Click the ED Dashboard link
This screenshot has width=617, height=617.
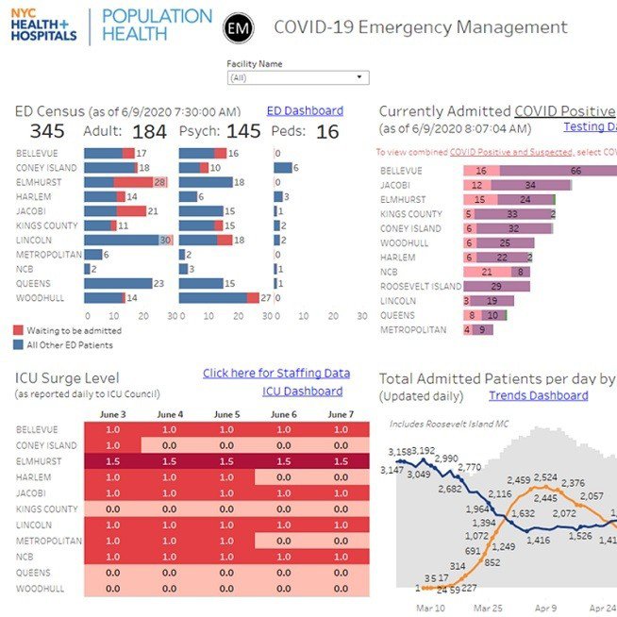[305, 110]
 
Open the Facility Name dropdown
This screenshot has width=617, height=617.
[297, 77]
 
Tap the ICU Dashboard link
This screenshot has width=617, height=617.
[302, 391]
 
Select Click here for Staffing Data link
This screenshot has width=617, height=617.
[276, 374]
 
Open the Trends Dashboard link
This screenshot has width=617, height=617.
[538, 395]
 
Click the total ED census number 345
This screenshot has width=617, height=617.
[47, 132]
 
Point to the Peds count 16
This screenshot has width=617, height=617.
[327, 132]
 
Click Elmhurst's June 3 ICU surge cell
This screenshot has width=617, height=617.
[112, 462]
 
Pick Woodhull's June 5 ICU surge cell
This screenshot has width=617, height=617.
[225, 589]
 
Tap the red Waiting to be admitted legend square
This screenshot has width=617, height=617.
[20, 331]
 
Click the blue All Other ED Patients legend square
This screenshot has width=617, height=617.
[20, 345]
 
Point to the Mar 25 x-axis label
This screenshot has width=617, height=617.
[489, 609]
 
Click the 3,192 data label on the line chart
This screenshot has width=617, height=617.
[423, 451]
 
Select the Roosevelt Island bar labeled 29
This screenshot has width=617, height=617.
[495, 286]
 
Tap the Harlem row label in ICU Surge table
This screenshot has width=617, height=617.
[34, 476]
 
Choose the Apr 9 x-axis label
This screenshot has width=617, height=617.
[546, 609]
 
